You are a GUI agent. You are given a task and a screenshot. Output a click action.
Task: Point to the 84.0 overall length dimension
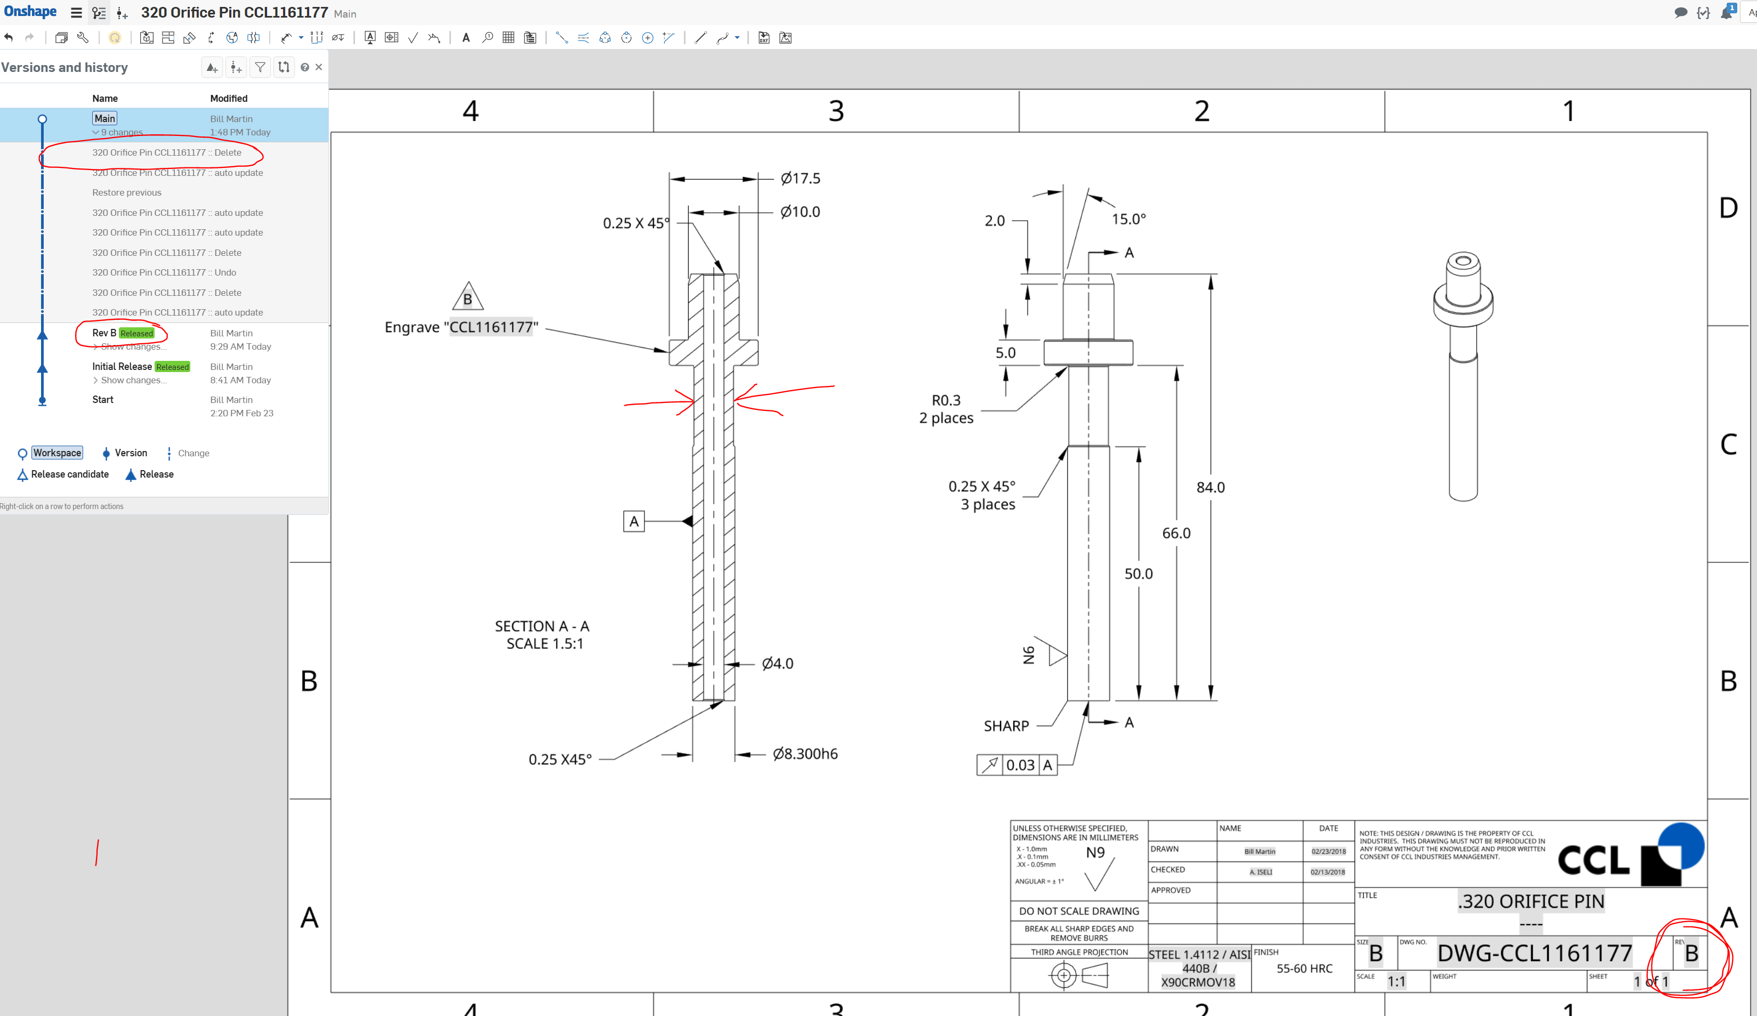(1211, 487)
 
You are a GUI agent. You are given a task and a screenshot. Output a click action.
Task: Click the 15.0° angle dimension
(1128, 219)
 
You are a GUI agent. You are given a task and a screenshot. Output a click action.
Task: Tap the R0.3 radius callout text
(946, 400)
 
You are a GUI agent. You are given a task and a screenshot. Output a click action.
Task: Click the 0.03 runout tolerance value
(1020, 765)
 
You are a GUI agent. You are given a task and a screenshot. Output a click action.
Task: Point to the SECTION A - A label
(542, 626)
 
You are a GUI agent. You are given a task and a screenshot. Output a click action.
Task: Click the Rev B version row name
(104, 333)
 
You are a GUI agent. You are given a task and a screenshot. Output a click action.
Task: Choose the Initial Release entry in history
(122, 367)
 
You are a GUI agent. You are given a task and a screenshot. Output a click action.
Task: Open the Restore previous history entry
(126, 192)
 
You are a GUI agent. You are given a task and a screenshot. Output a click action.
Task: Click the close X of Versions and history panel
(319, 67)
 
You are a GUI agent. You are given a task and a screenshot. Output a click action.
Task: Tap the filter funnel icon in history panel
(260, 67)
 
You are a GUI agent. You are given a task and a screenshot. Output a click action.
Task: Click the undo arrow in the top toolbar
(9, 38)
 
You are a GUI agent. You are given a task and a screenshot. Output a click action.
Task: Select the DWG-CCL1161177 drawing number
(1534, 953)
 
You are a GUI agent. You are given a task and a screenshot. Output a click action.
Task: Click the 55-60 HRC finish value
(1304, 968)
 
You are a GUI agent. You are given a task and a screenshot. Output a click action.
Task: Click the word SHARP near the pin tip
(1005, 726)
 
